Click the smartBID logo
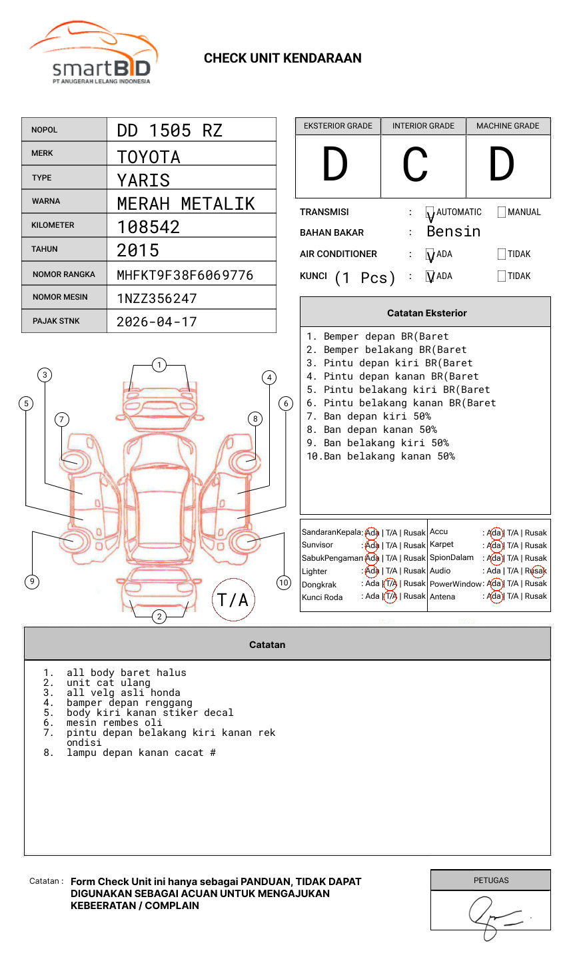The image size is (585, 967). (x=93, y=53)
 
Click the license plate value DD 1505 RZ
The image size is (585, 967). (x=169, y=131)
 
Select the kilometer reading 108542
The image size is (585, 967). (x=148, y=227)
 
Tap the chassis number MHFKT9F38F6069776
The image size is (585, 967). (x=185, y=275)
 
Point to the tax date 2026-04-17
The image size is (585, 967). (x=157, y=322)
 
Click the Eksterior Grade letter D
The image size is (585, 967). (x=335, y=165)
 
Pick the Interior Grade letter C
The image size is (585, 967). (x=416, y=165)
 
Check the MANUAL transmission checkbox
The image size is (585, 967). (x=502, y=212)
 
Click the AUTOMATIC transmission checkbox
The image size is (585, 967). (x=430, y=213)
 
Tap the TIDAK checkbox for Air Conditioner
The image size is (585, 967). (x=502, y=254)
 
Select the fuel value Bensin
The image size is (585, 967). (x=453, y=232)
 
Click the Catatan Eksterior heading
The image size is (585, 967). (x=426, y=313)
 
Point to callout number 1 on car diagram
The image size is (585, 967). (x=159, y=365)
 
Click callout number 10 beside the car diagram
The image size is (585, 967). (x=284, y=583)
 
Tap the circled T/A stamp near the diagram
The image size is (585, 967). (x=233, y=600)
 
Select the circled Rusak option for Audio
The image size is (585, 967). (x=537, y=571)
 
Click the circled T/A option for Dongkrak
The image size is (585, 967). (x=390, y=583)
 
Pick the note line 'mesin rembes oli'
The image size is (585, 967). (x=114, y=723)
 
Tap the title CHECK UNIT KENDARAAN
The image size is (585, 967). (x=283, y=59)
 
